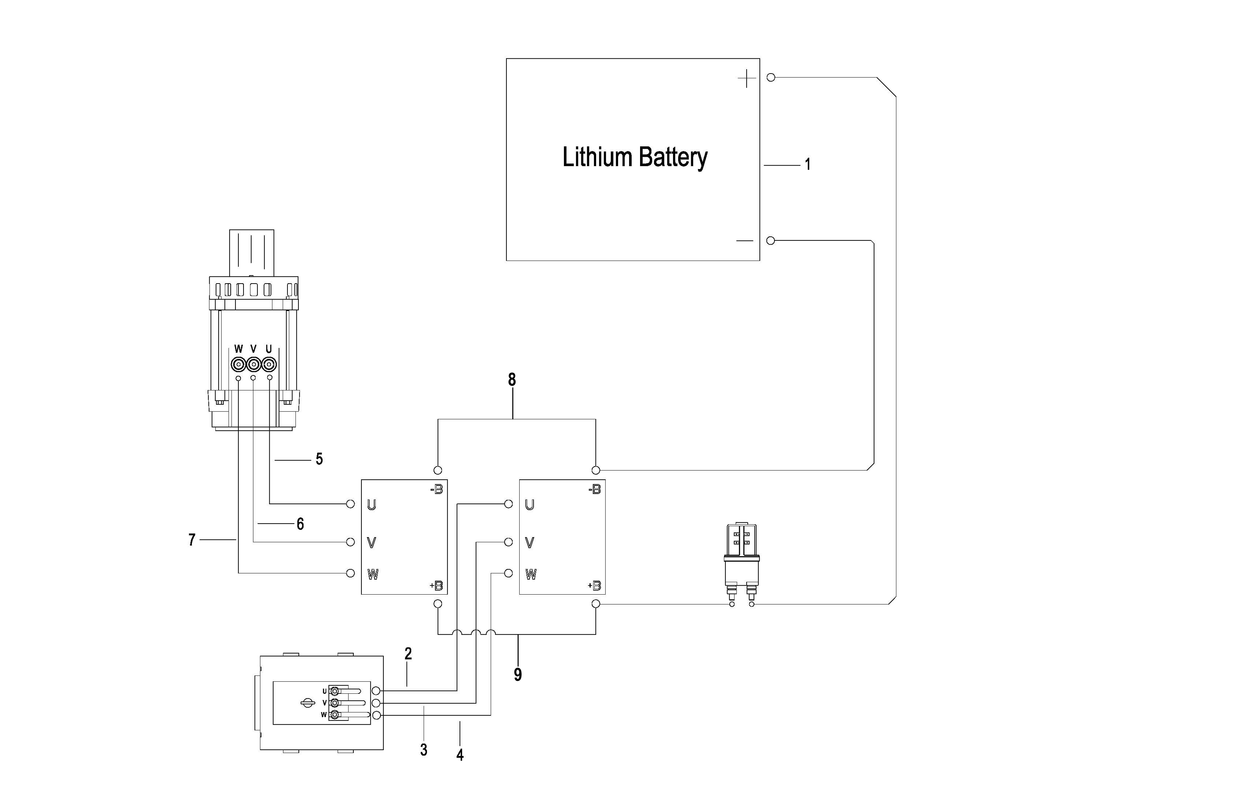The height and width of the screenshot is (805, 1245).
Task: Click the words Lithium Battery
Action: point(634,157)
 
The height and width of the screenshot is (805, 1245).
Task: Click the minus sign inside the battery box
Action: point(744,241)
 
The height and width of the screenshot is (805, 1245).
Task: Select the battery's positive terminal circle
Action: point(770,77)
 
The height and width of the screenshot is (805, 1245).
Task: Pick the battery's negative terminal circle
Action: point(770,241)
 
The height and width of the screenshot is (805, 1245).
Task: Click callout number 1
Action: point(808,165)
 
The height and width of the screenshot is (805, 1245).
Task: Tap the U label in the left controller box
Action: point(371,505)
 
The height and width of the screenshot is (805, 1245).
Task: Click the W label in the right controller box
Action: point(530,574)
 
